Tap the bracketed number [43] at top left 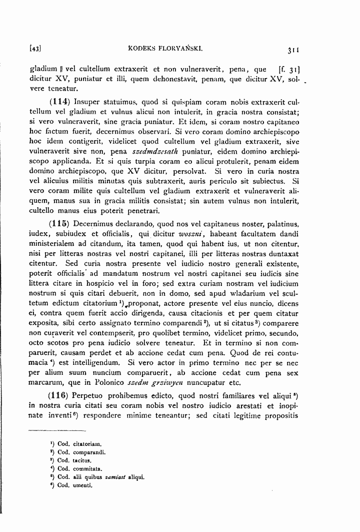pos(35,50)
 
